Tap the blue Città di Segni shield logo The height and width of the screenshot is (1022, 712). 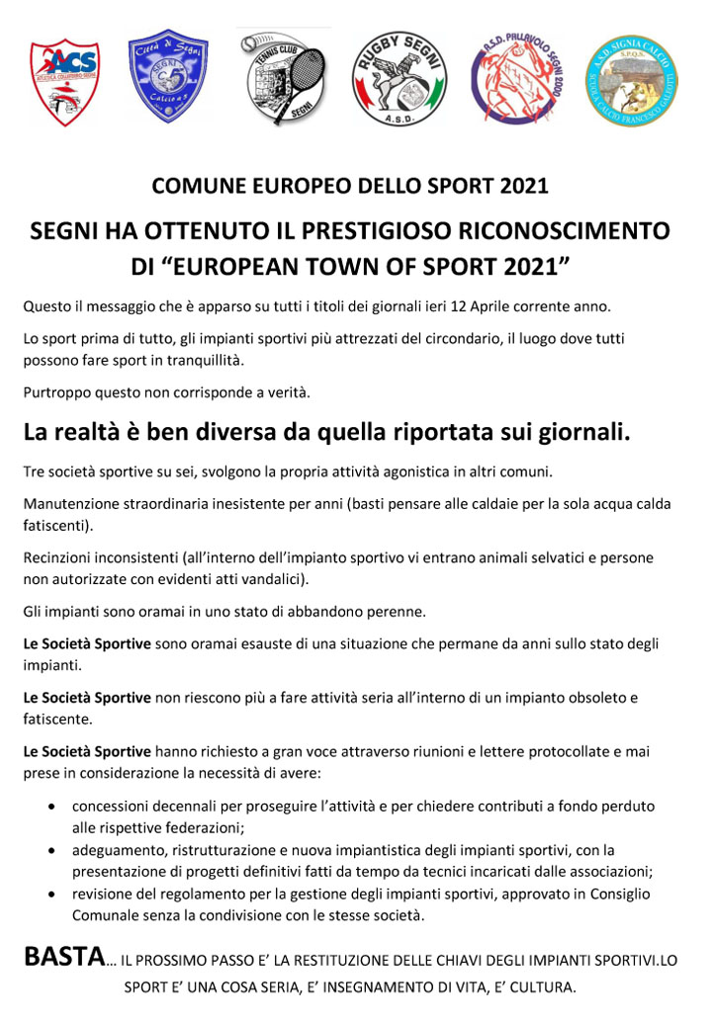(x=168, y=76)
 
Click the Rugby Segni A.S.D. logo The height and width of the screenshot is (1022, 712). (x=400, y=78)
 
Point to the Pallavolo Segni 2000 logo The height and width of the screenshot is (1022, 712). (x=516, y=78)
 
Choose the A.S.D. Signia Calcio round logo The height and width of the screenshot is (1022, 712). (x=632, y=80)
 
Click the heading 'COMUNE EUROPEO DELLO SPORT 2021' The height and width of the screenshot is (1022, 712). (x=349, y=186)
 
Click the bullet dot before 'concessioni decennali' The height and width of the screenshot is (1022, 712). (x=51, y=808)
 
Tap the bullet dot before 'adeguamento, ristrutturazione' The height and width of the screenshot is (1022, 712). (x=51, y=851)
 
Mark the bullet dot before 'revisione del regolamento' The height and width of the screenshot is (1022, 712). (x=51, y=894)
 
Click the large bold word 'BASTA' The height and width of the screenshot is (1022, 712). (x=64, y=957)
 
